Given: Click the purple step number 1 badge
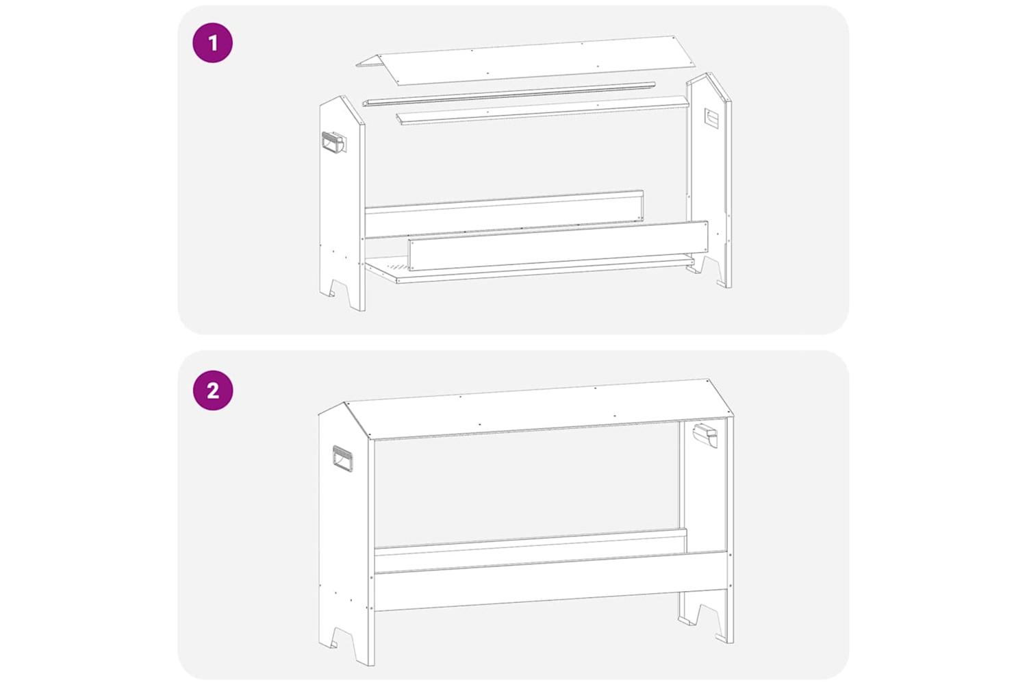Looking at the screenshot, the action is (213, 42).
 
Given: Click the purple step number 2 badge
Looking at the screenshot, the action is (213, 390).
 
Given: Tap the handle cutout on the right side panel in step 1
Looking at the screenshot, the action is (712, 119).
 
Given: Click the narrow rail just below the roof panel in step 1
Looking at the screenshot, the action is (509, 94).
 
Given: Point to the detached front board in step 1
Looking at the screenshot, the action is (559, 245).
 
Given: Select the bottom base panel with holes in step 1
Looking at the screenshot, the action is (529, 269).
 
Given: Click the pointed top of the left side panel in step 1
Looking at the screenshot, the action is (342, 97).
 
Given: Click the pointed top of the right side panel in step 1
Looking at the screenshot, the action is (711, 73).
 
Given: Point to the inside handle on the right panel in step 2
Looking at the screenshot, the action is (705, 434).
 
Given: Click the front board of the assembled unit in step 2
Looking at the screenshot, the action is (550, 582).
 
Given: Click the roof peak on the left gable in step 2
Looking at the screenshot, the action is (344, 403).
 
